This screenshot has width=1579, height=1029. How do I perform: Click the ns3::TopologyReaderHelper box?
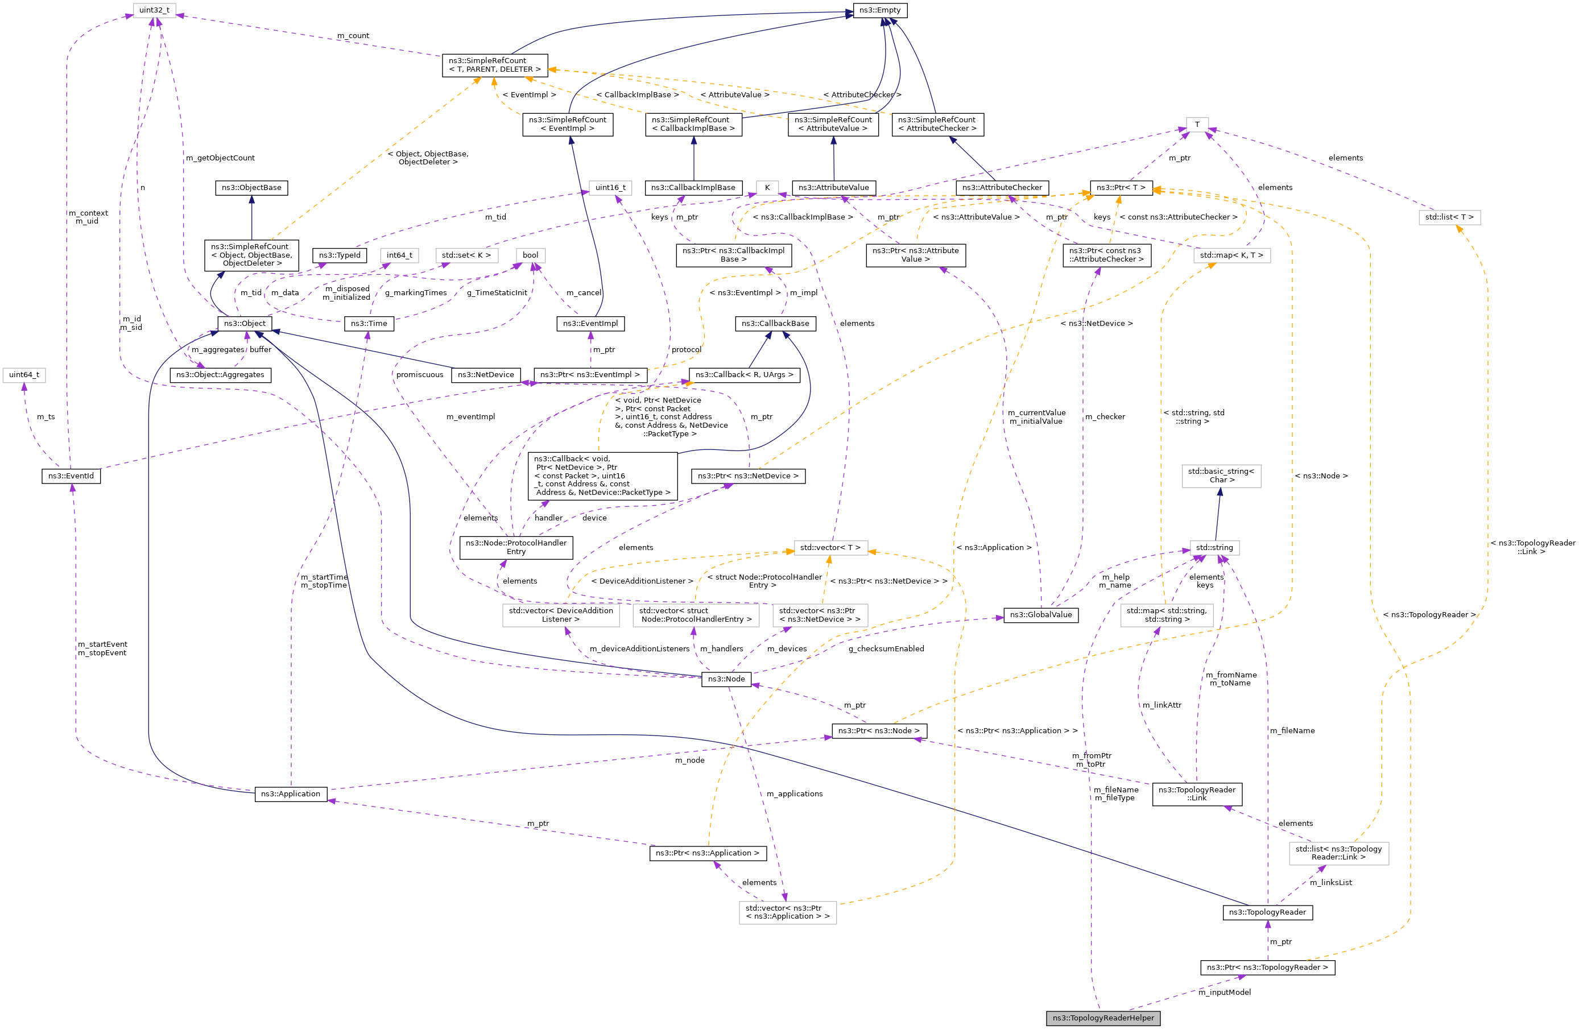click(1103, 1018)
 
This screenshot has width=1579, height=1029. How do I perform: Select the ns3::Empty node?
click(880, 11)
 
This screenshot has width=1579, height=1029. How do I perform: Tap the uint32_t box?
click(154, 11)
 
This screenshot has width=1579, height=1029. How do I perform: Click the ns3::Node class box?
click(726, 679)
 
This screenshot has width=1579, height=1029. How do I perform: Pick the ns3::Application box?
click(291, 794)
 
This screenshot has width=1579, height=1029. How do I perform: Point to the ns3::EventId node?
click(71, 476)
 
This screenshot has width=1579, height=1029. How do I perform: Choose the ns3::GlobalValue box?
click(1040, 614)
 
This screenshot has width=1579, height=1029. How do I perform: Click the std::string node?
click(1214, 547)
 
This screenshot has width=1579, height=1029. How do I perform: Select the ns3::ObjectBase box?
click(251, 188)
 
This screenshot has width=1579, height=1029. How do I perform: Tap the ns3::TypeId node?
click(339, 255)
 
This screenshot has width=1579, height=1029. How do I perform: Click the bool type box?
click(530, 255)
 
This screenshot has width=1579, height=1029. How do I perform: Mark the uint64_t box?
click(24, 375)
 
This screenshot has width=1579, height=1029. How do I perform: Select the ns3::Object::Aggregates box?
click(220, 375)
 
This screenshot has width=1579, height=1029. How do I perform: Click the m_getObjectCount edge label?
click(220, 158)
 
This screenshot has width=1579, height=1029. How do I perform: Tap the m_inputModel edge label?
click(1224, 992)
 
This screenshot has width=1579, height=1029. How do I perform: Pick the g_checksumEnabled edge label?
click(886, 648)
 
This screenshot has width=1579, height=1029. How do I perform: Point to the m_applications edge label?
click(794, 794)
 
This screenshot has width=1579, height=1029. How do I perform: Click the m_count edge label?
click(353, 36)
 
